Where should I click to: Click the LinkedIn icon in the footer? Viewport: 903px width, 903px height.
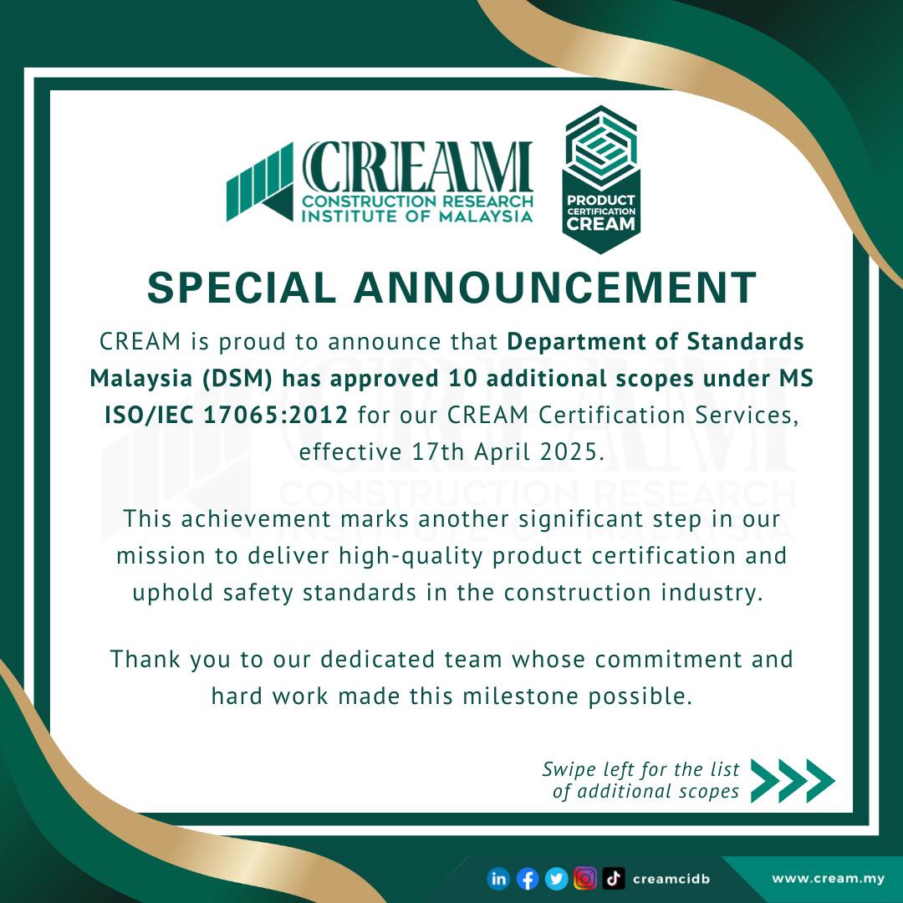[x=498, y=878]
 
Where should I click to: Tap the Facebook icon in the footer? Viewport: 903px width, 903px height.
[x=527, y=878]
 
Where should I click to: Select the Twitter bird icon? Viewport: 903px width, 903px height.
[x=556, y=878]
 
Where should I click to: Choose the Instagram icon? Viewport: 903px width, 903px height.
[x=585, y=878]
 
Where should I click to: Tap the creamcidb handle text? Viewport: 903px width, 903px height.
[x=671, y=878]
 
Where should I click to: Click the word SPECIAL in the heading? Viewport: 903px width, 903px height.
[x=242, y=288]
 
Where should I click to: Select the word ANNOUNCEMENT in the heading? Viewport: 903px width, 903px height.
[x=555, y=288]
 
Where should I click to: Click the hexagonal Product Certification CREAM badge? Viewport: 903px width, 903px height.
[x=602, y=179]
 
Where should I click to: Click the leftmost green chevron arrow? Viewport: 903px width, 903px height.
[x=768, y=781]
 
